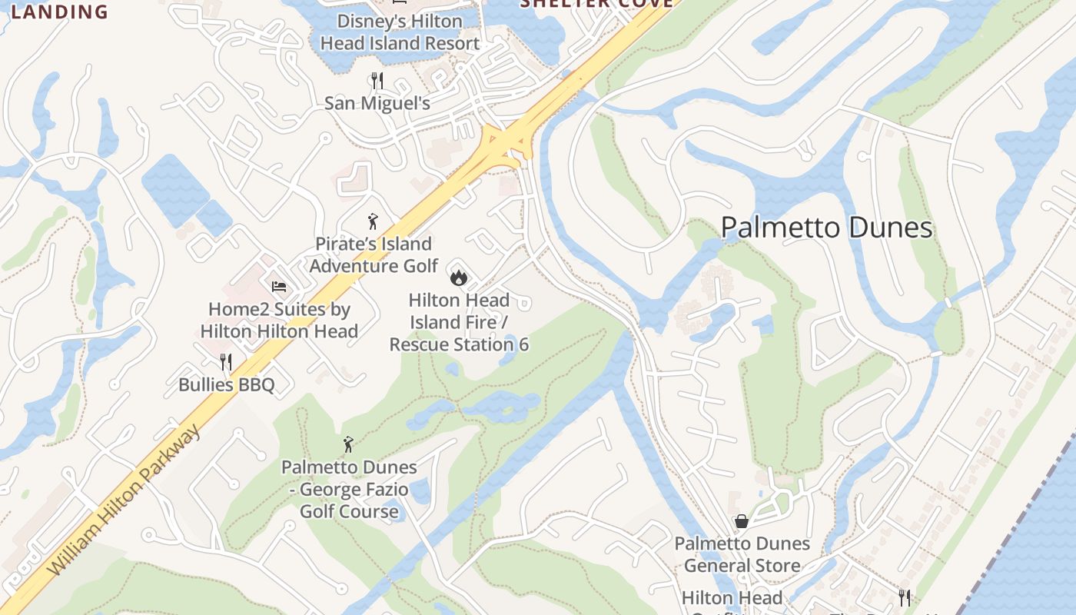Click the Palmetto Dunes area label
coord(826,228)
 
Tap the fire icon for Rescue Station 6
coord(459,277)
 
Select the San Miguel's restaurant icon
coord(377,80)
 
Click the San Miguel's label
coord(377,103)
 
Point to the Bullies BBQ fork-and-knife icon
coord(226,361)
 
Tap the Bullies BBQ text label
coord(226,384)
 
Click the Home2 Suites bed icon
coord(279,287)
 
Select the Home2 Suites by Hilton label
coord(279,321)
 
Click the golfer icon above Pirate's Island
coord(373,222)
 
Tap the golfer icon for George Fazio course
coord(348,444)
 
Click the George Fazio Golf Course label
coord(349,489)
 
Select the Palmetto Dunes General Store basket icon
coord(742,521)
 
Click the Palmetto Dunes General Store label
coord(742,554)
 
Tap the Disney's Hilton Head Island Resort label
coord(400,32)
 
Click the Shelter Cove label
coord(596,4)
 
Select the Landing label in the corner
coord(60,12)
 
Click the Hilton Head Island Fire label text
coord(459,322)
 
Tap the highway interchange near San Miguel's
coord(507,146)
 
